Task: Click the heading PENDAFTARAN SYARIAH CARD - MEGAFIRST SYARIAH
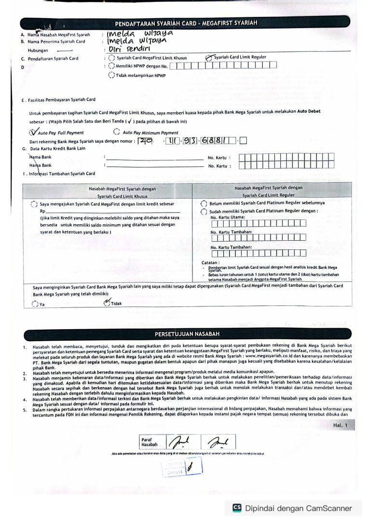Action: (x=186, y=23)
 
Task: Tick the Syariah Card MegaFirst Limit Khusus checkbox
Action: (x=112, y=58)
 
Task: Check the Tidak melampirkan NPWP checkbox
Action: (x=112, y=74)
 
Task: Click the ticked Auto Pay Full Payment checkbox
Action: (x=33, y=131)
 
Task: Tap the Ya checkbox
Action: (x=34, y=304)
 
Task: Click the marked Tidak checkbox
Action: (x=107, y=304)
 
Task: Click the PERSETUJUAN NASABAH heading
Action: (x=186, y=334)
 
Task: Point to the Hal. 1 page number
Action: (x=343, y=425)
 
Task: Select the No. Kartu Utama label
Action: (x=228, y=217)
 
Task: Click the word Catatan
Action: (x=210, y=262)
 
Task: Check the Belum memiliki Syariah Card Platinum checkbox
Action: (x=204, y=203)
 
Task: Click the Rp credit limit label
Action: (x=42, y=211)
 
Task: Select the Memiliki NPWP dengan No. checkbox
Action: (x=112, y=66)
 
